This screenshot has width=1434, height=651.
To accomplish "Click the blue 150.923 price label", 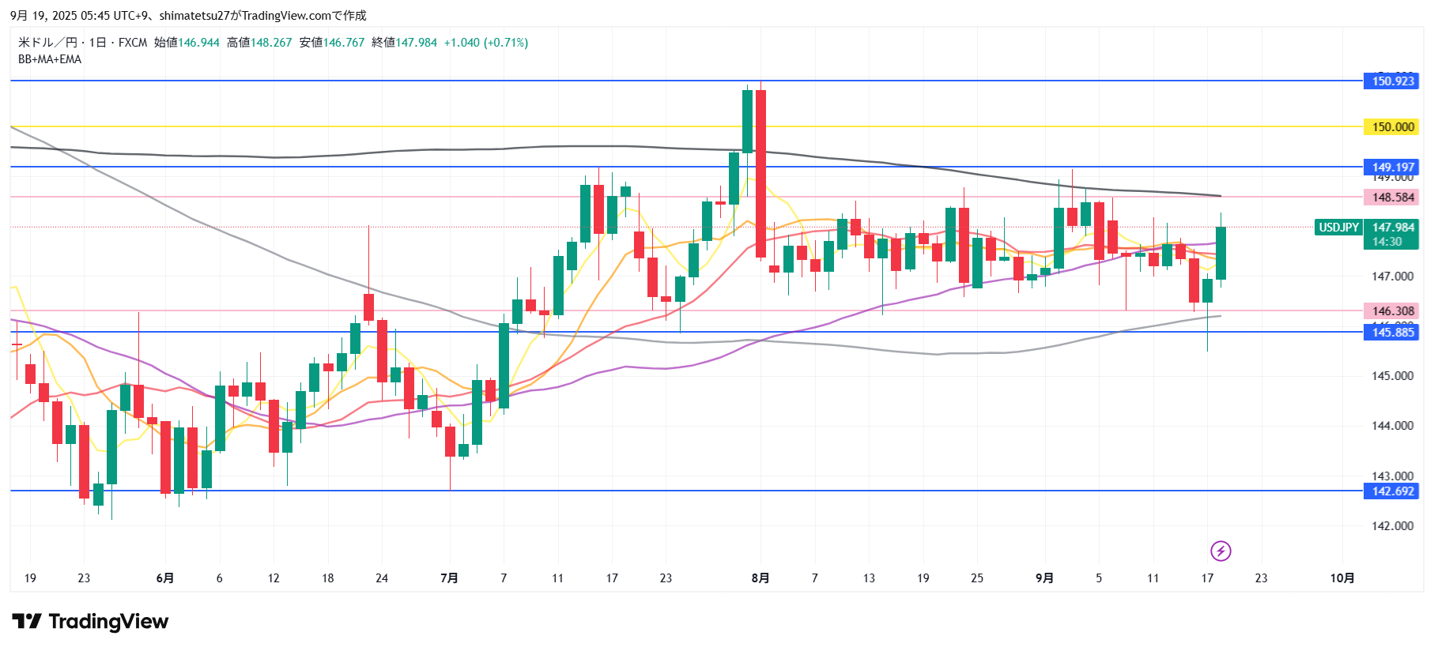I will point(1391,81).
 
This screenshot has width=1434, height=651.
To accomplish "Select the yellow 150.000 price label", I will point(1391,126).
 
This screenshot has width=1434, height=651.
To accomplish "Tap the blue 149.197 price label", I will point(1391,167).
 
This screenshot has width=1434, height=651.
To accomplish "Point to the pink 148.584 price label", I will point(1391,197).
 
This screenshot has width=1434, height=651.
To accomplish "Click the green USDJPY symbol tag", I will point(1338,228).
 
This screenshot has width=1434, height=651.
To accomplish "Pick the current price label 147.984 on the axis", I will point(1391,228).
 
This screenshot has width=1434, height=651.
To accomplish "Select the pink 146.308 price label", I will point(1391,310).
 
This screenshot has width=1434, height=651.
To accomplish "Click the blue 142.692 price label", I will point(1391,491).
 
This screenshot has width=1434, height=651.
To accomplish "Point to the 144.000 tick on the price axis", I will point(1392,426).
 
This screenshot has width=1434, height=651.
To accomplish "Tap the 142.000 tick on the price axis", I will point(1392,526).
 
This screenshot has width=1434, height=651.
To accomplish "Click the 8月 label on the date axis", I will point(760,578).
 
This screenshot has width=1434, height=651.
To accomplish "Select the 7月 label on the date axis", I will point(449,578).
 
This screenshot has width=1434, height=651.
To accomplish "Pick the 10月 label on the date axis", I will point(1342,578).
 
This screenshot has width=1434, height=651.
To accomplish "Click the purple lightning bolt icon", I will point(1221,551).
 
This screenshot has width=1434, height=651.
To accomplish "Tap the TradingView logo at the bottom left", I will point(90,622).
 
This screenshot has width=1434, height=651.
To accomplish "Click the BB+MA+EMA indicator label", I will point(50,59).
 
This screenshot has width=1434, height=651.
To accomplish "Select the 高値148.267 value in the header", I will point(259,43).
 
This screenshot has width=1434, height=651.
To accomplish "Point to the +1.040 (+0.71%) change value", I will point(485,43).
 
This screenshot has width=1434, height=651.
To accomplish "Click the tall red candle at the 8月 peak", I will point(760,174).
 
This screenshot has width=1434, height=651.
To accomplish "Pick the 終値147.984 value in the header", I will point(404,43).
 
